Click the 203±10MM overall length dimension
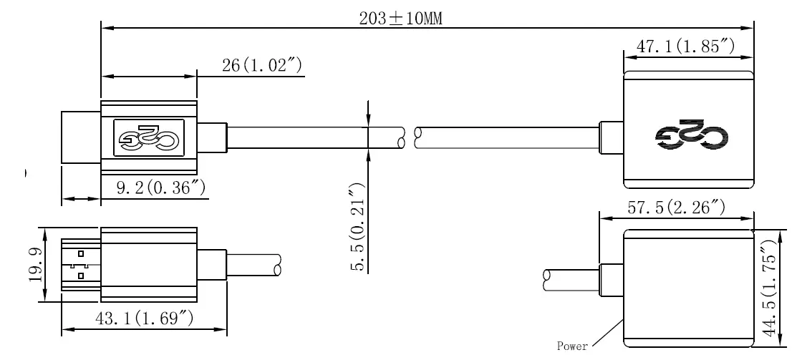point(401,19)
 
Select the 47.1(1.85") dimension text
point(686,47)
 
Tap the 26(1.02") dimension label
point(261,66)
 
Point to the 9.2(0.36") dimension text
point(161,188)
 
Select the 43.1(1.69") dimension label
point(145,318)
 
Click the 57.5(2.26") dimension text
point(677,208)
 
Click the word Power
point(573,346)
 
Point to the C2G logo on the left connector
point(148,136)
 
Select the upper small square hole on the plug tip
point(80,253)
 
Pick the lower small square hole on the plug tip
point(80,274)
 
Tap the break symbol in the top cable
point(410,137)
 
